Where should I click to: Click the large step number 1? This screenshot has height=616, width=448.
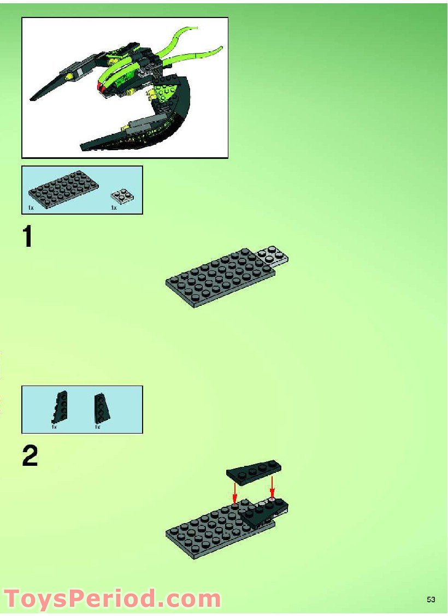(x=27, y=238)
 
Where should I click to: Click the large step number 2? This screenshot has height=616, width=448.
(x=30, y=457)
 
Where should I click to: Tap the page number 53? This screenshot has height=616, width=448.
(x=431, y=600)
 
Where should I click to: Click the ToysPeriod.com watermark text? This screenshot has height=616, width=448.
(x=112, y=599)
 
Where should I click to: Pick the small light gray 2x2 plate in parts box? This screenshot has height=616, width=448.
(x=123, y=196)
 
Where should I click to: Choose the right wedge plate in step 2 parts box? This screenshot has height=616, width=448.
(x=100, y=407)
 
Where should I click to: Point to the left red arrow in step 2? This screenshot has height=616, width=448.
(x=235, y=492)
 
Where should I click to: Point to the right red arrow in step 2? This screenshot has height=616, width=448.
(x=272, y=487)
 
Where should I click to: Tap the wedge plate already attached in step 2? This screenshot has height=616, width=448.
(x=265, y=511)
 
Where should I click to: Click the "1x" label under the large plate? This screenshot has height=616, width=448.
(x=31, y=208)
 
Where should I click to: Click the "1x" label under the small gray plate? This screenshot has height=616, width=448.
(x=114, y=208)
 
